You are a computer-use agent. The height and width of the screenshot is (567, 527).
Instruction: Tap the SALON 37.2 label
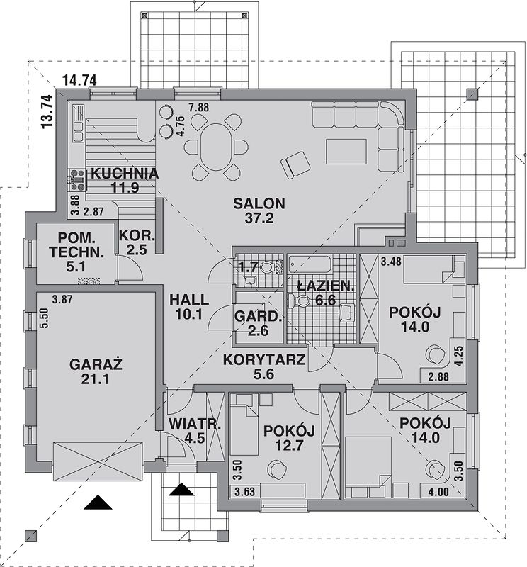point(259,211)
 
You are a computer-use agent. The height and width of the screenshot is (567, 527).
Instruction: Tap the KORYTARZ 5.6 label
point(263,368)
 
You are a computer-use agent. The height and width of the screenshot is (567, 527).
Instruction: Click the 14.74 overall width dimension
point(79,82)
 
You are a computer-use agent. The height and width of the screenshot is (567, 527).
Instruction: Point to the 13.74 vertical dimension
point(47,111)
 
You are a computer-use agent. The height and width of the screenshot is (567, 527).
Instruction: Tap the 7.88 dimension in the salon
point(199,108)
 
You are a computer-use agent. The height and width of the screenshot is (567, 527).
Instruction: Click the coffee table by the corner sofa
point(346,151)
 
